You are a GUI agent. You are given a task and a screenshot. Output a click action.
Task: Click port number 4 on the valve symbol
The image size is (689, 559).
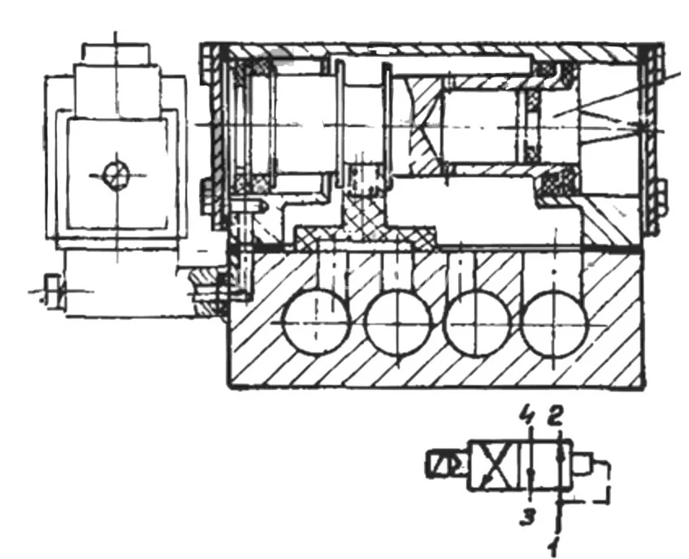528,421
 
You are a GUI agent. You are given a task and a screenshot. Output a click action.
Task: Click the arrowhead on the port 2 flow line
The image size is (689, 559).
560,455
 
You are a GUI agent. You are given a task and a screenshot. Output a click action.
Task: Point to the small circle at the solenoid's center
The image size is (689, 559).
116,172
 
